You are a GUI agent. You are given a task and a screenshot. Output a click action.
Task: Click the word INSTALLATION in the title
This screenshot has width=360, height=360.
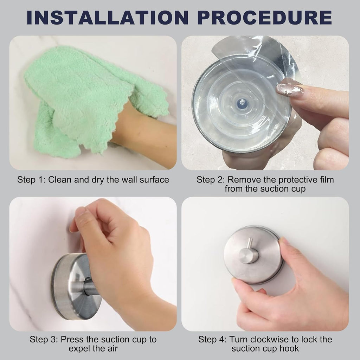(x=108, y=18)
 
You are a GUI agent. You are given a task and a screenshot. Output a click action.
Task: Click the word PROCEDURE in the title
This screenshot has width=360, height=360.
(x=265, y=18)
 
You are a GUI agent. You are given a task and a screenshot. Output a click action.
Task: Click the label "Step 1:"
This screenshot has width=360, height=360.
(x=32, y=180)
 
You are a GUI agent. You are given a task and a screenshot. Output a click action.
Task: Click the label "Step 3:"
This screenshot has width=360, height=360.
(x=44, y=339)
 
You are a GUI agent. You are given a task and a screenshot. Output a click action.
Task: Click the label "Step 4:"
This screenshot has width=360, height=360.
(x=212, y=339)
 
